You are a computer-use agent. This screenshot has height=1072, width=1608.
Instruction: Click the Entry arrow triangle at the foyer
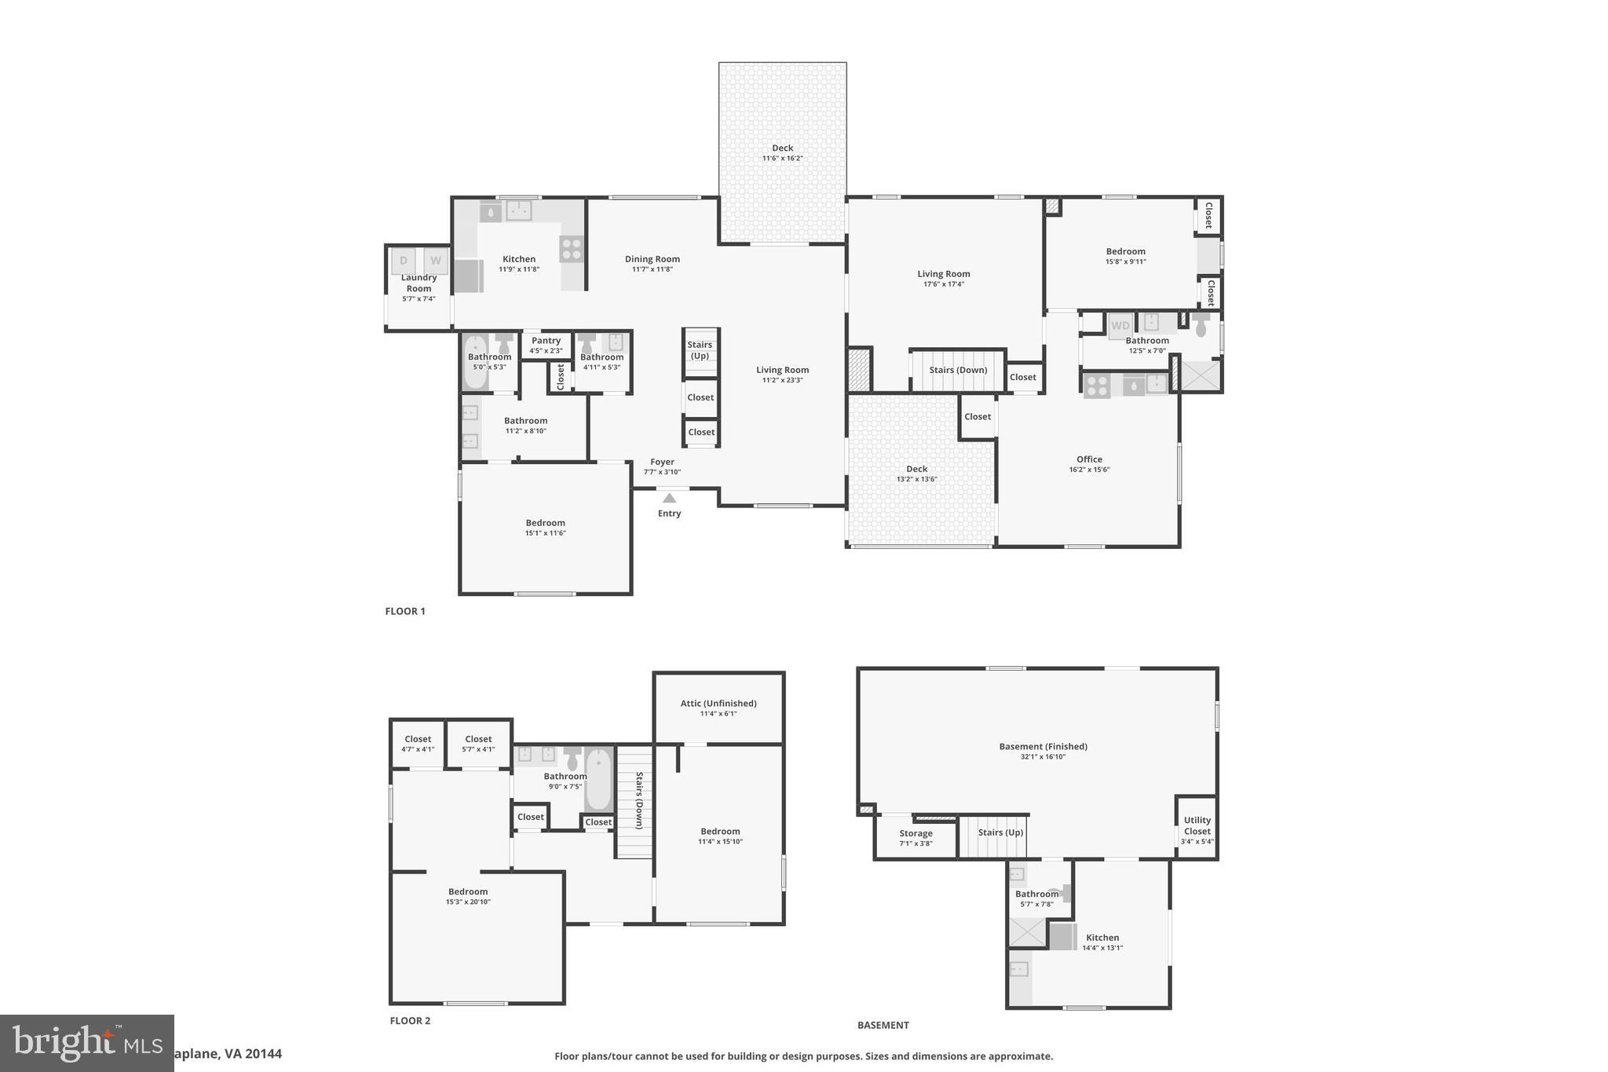point(669,498)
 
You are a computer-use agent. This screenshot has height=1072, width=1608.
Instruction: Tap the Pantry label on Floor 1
point(546,341)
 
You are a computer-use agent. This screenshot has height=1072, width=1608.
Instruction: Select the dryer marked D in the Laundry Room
point(404,261)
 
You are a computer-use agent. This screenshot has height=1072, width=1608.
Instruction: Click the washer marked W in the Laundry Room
point(435,261)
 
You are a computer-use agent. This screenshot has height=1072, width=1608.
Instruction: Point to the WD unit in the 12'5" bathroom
point(1120,325)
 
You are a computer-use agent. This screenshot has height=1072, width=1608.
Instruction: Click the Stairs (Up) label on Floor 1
point(700,350)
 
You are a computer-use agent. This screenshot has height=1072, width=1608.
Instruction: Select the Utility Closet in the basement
point(1197,826)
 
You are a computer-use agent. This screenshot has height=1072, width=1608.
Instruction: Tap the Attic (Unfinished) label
point(718,704)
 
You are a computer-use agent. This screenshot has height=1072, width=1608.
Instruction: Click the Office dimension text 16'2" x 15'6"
point(1089,470)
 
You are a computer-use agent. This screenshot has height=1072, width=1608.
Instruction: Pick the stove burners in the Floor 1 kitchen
point(572,249)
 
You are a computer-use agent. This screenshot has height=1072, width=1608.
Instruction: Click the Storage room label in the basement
point(915,833)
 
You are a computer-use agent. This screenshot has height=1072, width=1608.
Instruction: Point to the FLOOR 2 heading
point(410,1021)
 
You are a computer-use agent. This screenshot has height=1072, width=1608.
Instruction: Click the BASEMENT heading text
point(883,1025)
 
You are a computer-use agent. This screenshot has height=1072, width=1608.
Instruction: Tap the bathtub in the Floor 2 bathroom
point(599,780)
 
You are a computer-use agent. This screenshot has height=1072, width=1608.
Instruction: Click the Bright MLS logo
point(86,1043)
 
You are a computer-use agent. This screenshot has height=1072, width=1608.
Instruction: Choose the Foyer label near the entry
point(662,462)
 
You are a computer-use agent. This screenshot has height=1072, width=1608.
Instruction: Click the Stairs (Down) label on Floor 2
point(639,800)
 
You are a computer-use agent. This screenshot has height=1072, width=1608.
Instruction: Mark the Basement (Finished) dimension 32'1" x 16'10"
point(1043,757)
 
